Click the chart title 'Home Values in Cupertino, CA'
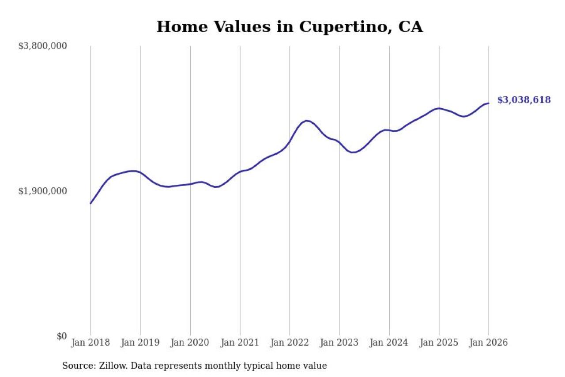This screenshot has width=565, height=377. (x=290, y=27)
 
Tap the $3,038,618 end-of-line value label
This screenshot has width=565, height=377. (x=524, y=100)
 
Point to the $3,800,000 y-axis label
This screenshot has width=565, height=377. (x=42, y=46)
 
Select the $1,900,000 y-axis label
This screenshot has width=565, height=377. (x=42, y=191)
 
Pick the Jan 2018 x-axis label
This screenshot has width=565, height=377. (x=90, y=343)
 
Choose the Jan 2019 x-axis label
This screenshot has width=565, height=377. (x=140, y=343)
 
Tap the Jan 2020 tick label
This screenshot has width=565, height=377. (x=190, y=343)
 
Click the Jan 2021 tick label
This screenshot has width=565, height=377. (x=240, y=343)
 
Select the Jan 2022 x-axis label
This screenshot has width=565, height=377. (x=290, y=343)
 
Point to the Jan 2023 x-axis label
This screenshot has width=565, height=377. (x=339, y=343)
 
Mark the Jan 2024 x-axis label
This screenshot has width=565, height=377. (x=389, y=343)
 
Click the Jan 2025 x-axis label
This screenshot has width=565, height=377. (x=439, y=343)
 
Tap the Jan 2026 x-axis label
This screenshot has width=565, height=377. (x=489, y=343)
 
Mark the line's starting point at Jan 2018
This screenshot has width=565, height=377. (x=90, y=203)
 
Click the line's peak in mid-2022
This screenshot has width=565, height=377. (x=307, y=121)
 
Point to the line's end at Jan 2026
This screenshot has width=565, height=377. (x=489, y=103)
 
